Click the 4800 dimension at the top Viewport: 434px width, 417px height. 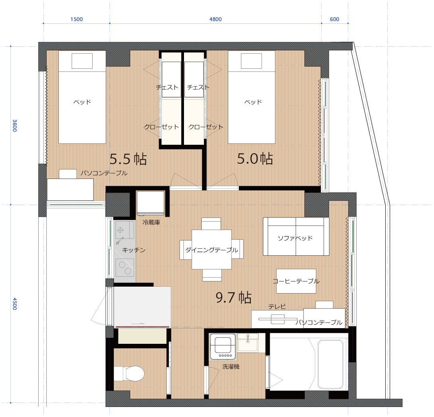pyautogui.click(x=215, y=19)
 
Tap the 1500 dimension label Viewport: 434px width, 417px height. pyautogui.click(x=76, y=19)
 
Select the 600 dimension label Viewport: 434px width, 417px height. pyautogui.click(x=334, y=19)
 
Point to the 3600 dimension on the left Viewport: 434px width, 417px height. pyautogui.click(x=14, y=125)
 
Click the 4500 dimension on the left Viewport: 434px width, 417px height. pyautogui.click(x=14, y=304)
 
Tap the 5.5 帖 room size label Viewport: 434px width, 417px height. pyautogui.click(x=128, y=159)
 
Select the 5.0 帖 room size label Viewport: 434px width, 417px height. pyautogui.click(x=255, y=159)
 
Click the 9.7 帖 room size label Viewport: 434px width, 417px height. pyautogui.click(x=234, y=298)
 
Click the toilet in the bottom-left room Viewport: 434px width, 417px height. pyautogui.click(x=129, y=374)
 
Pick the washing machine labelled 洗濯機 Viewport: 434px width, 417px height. pyautogui.click(x=223, y=347)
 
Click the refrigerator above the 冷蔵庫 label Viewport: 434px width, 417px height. pyautogui.click(x=151, y=203)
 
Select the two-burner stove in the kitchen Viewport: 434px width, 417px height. pyautogui.click(x=125, y=268)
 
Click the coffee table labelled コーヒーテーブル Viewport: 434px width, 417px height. pyautogui.click(x=296, y=281)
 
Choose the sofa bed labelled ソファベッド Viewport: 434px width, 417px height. pyautogui.click(x=296, y=236)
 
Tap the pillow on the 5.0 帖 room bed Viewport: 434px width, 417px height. pyautogui.click(x=251, y=61)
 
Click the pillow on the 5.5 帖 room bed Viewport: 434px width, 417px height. pyautogui.click(x=82, y=61)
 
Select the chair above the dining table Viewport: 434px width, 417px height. pyautogui.click(x=211, y=224)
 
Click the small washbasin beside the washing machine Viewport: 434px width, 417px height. pyautogui.click(x=248, y=343)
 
